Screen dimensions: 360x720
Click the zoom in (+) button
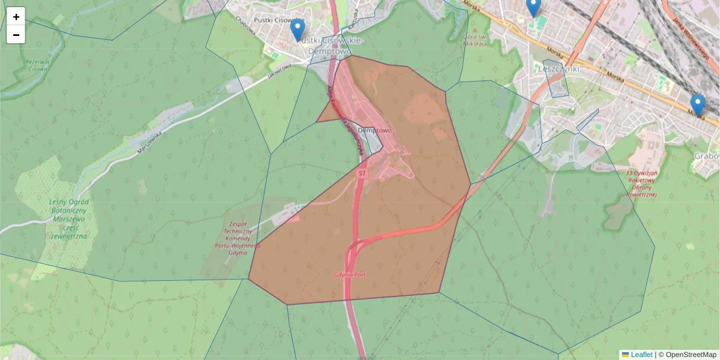pos(16,17)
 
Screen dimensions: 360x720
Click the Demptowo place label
pos(374,130)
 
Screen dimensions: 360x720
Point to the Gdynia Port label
pos(350,275)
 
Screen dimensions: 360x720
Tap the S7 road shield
pos(361,173)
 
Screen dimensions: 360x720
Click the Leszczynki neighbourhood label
pos(559,68)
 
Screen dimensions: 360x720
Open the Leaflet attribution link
pos(641,355)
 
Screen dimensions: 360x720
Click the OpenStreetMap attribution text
pos(691,355)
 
